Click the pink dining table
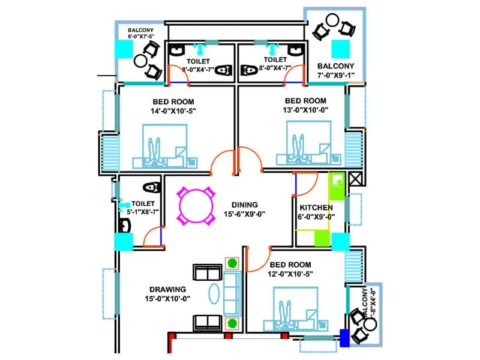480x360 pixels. tap(196, 206)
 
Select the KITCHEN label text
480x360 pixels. tap(317, 207)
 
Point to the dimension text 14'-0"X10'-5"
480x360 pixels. tap(173, 110)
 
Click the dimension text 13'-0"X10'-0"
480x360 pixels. tap(305, 110)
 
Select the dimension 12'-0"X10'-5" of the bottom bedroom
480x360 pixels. tap(290, 274)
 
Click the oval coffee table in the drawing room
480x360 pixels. tap(215, 296)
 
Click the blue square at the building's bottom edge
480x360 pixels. tap(344, 337)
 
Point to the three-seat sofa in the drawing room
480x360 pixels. tap(232, 294)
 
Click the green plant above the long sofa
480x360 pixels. tap(232, 263)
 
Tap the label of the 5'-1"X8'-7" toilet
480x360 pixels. tap(143, 204)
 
